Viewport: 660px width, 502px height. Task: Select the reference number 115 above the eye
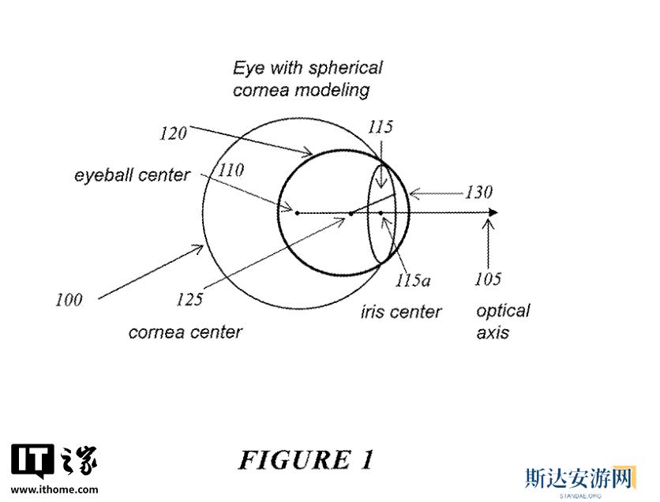coord(380,126)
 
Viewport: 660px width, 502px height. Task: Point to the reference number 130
coord(478,192)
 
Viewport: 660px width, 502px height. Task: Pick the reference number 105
coord(488,279)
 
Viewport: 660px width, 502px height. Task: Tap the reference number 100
coord(69,299)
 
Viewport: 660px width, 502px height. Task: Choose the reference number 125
coord(189,299)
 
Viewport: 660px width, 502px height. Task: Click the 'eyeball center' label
coord(133,174)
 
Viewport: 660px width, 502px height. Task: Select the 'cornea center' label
coord(185,332)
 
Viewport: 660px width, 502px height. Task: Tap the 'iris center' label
coord(401,312)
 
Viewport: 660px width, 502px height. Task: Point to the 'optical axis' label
coord(502,321)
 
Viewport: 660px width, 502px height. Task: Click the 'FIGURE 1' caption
coord(306,459)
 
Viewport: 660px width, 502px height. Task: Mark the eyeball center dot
coord(297,212)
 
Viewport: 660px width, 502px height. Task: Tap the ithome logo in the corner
coord(54,460)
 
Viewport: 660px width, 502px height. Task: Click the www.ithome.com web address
coord(55,489)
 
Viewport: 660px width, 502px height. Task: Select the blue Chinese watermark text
coord(579,478)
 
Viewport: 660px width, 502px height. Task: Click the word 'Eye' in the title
coord(249,68)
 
